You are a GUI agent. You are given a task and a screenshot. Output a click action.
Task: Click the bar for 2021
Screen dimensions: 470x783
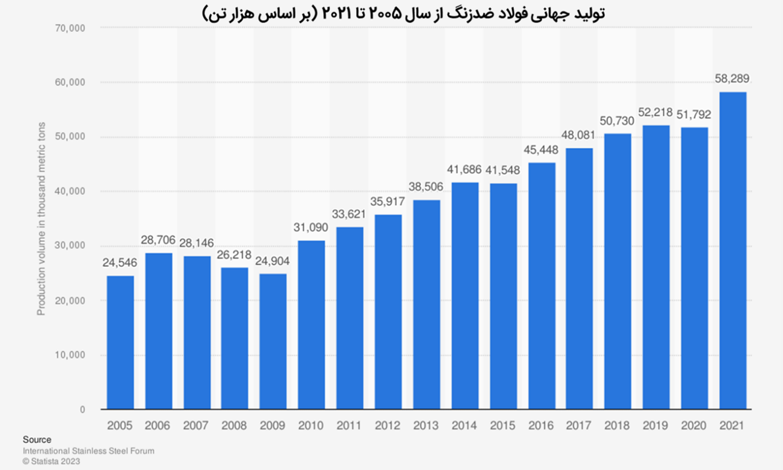733,250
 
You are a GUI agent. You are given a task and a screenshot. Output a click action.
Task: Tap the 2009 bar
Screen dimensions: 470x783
273,341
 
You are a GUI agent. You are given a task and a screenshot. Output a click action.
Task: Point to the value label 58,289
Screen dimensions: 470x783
732,79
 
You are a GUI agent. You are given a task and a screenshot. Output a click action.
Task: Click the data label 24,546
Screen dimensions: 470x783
120,263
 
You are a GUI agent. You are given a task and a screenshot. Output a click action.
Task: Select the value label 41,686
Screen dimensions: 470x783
464,170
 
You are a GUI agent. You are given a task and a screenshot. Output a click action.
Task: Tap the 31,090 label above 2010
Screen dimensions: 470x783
311,227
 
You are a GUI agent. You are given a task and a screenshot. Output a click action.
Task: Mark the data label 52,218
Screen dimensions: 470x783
655,112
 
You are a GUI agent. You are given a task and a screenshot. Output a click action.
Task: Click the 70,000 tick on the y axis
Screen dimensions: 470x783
70,28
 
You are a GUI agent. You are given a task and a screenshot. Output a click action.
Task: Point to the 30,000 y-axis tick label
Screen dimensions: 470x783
70,245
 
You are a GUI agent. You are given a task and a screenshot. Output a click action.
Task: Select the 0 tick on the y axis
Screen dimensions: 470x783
83,409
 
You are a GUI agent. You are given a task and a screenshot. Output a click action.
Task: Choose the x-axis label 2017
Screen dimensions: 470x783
579,425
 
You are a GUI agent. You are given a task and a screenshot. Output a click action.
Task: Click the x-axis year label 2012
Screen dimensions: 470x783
388,425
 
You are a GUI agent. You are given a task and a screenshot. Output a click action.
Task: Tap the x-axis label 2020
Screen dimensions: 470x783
694,425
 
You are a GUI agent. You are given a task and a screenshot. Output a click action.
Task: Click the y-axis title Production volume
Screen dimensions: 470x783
41,219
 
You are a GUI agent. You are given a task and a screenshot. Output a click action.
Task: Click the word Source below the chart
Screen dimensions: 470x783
37,440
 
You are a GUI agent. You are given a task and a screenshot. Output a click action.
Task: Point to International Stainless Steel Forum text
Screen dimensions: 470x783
88,451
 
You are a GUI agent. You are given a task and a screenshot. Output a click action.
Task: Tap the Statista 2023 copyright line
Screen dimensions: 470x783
51,461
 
